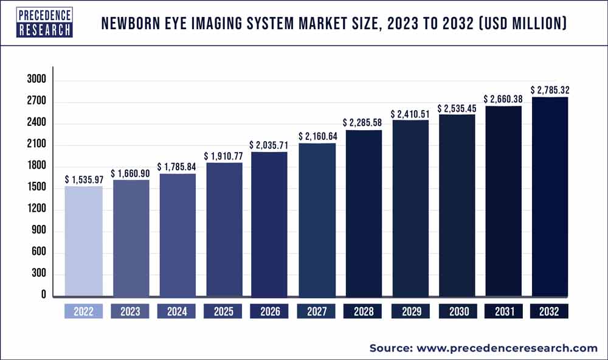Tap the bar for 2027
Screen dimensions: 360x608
pyautogui.click(x=316, y=220)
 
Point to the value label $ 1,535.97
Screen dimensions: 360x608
pyautogui.click(x=84, y=180)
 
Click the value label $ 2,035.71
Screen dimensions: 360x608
pyautogui.click(x=269, y=145)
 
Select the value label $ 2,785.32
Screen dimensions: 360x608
pyautogui.click(x=550, y=91)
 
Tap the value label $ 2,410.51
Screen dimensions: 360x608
pyautogui.click(x=410, y=114)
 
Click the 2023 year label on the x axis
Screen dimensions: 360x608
pyautogui.click(x=130, y=312)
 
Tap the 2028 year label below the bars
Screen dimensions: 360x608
pyautogui.click(x=363, y=312)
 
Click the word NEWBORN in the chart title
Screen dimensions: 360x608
pyautogui.click(x=130, y=24)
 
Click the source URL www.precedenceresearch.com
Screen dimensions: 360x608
pyautogui.click(x=507, y=348)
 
